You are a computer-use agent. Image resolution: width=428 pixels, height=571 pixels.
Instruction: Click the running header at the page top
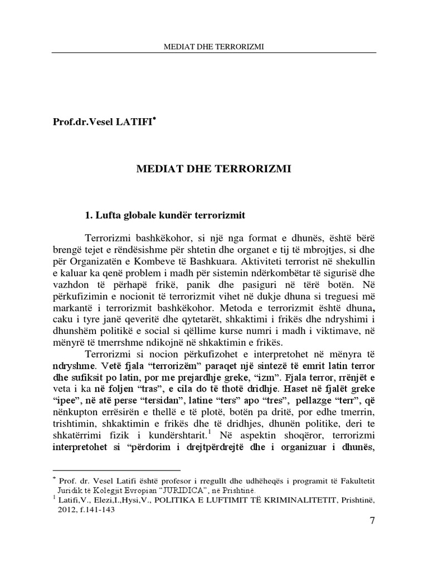pyautogui.click(x=214, y=47)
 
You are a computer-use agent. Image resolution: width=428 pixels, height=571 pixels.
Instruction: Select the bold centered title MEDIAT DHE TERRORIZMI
pyautogui.click(x=214, y=169)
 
